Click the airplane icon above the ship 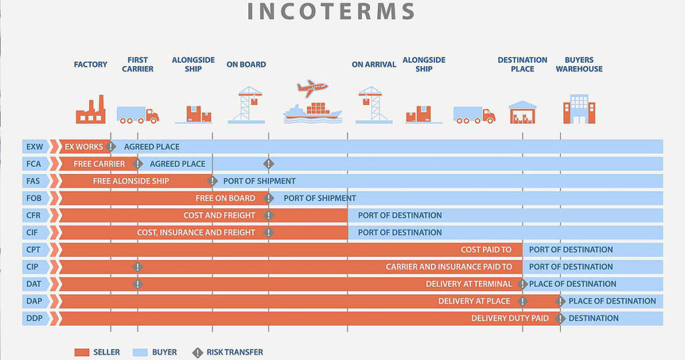point(312,88)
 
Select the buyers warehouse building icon point(579,109)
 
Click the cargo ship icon point(312,112)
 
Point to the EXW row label point(35,147)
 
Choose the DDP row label point(34,319)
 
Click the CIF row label point(32,232)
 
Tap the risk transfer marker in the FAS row point(212,181)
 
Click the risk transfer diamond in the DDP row point(560,319)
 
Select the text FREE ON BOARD point(225,198)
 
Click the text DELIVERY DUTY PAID point(510,319)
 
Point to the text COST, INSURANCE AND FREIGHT point(196,232)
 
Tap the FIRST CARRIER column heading point(138,64)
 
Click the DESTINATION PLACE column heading point(522,64)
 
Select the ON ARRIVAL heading point(374,64)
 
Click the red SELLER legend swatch point(82,353)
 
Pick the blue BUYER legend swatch point(140,353)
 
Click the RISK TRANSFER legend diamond point(197,353)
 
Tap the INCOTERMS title point(331,11)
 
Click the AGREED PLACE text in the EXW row point(152,147)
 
